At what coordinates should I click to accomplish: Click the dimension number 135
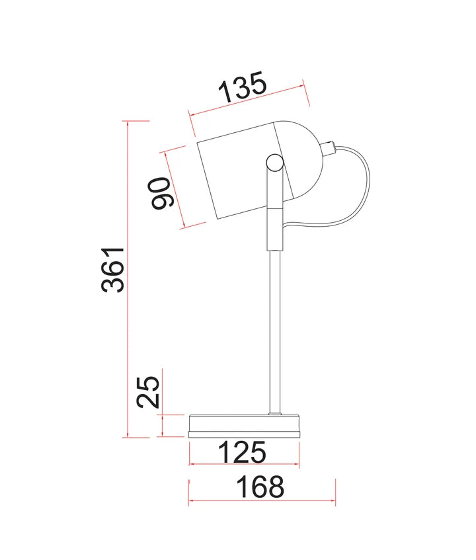click(243, 87)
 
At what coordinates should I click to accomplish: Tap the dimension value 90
click(160, 193)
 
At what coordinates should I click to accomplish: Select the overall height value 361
click(113, 270)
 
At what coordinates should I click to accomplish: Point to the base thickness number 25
click(148, 391)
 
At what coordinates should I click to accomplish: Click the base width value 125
click(242, 452)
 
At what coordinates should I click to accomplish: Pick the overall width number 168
click(260, 487)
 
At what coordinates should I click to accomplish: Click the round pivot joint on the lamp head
click(275, 163)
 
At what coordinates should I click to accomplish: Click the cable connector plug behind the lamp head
click(328, 148)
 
